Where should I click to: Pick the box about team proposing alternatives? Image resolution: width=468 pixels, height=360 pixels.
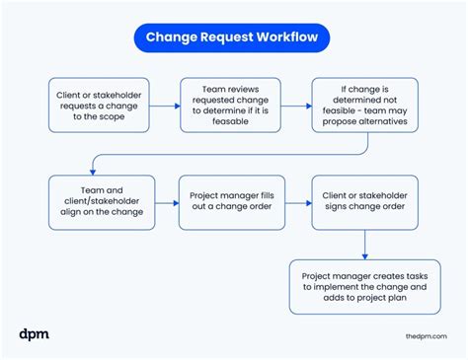click(365, 106)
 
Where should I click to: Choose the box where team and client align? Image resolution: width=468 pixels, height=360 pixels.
click(103, 202)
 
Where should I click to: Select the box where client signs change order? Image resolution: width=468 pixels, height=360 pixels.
click(365, 202)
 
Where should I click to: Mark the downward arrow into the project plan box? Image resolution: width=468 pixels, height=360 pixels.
click(365, 244)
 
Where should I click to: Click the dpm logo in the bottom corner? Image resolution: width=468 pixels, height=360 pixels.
click(34, 334)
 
